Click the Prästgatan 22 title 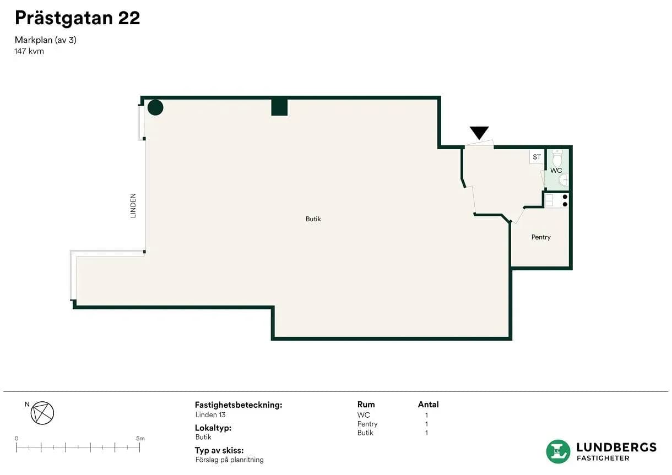[x=78, y=18]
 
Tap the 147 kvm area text [x=29, y=51]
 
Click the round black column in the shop [x=155, y=107]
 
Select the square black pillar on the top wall [x=279, y=107]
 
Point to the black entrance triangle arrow [x=479, y=133]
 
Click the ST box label [x=536, y=157]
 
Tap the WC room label [x=556, y=171]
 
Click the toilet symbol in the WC [x=557, y=158]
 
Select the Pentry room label [x=541, y=237]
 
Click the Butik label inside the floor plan [x=313, y=219]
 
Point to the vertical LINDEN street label [x=133, y=206]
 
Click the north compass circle [x=42, y=413]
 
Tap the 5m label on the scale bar [x=140, y=439]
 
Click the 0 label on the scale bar [x=17, y=439]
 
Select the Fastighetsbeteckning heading [x=239, y=405]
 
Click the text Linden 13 [x=210, y=415]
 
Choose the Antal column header [x=428, y=405]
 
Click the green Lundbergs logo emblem [x=558, y=452]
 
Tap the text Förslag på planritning [x=230, y=460]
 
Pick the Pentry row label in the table [x=367, y=424]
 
